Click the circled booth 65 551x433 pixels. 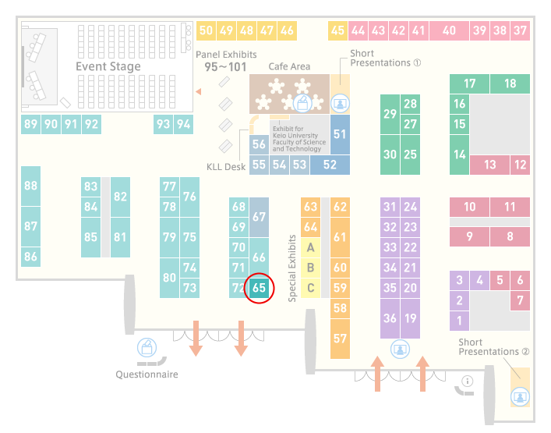(x=259, y=288)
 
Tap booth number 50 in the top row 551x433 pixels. (x=206, y=30)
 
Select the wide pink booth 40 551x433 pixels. (x=449, y=30)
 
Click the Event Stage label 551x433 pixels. (x=108, y=66)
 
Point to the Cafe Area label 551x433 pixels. (x=289, y=66)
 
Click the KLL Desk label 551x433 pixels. (x=226, y=167)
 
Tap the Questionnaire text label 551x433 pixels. (x=147, y=374)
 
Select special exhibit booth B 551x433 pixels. (x=311, y=268)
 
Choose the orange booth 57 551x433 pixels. (x=340, y=339)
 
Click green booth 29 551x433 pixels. (x=390, y=115)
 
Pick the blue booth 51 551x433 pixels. (x=340, y=134)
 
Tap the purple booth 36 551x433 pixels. (x=390, y=318)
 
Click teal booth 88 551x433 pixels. (x=31, y=186)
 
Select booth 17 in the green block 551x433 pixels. (x=469, y=83)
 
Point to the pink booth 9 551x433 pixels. (x=469, y=236)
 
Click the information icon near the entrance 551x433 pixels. (x=468, y=381)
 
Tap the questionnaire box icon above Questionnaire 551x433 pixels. (x=147, y=347)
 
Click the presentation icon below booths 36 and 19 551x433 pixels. (x=400, y=350)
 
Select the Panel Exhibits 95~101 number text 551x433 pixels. (x=225, y=67)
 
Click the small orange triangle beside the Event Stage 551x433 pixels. (x=199, y=92)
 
